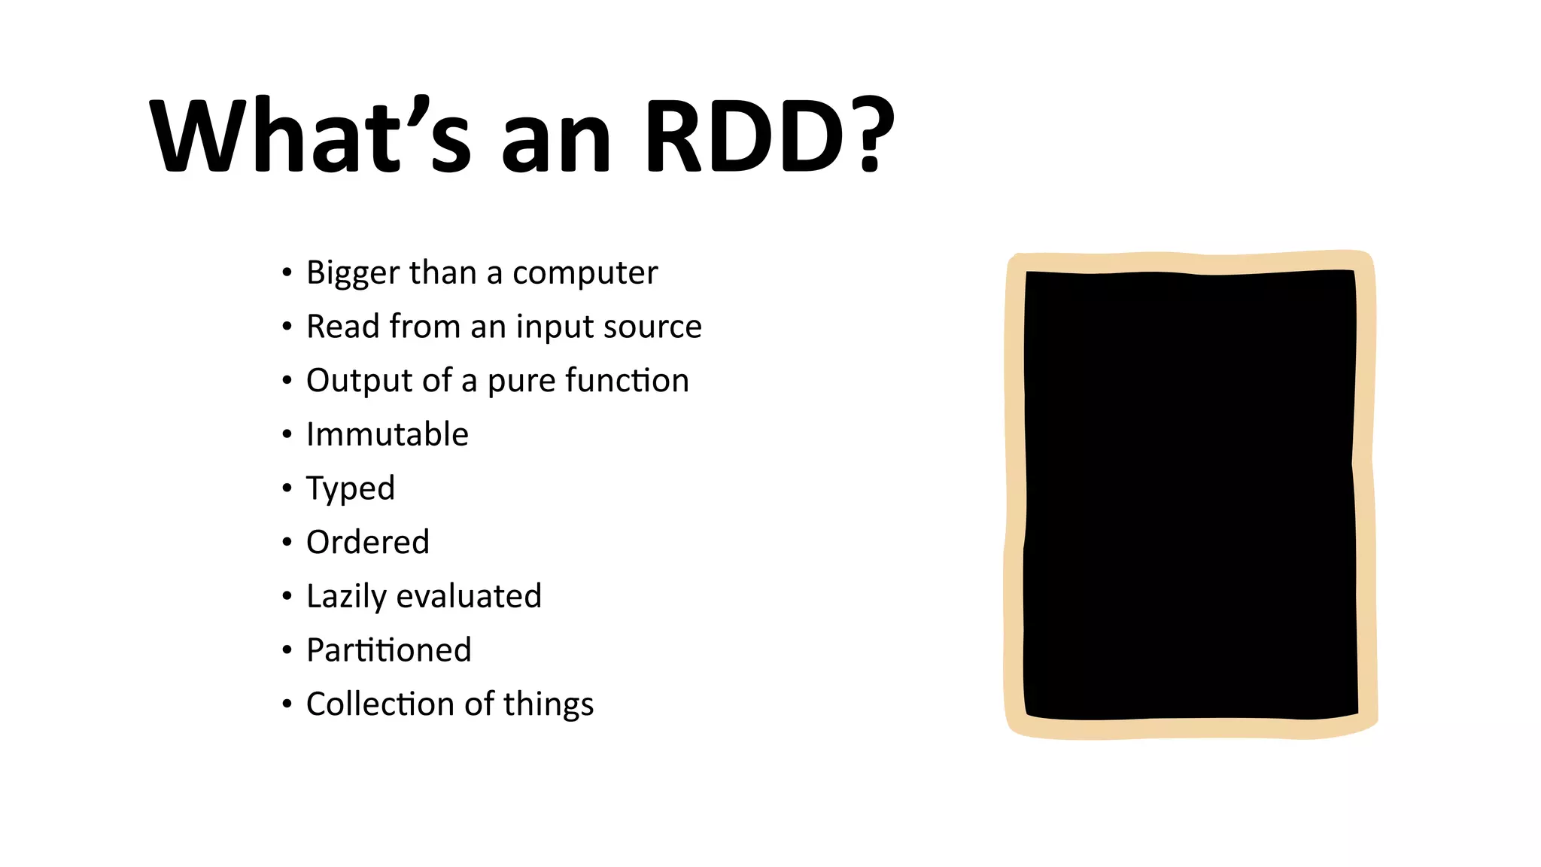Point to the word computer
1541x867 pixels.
(x=585, y=273)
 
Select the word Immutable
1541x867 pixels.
(x=387, y=434)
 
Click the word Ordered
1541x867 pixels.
(x=367, y=543)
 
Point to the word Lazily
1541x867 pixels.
(x=346, y=597)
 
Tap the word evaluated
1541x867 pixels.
(x=469, y=596)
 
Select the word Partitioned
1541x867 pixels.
(x=388, y=650)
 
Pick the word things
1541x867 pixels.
(x=549, y=704)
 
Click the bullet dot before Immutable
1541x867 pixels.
(x=287, y=434)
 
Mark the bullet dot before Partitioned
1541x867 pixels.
(x=287, y=650)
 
